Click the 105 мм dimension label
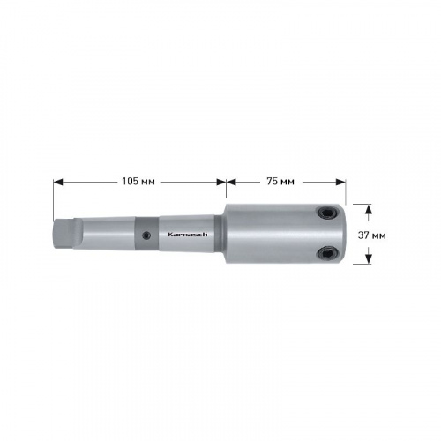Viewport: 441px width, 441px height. coord(138,182)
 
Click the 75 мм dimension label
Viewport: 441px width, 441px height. coord(280,182)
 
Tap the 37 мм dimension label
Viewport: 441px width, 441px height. coord(371,235)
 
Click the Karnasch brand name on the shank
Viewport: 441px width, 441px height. coord(188,235)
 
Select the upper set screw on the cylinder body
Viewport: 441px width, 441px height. coord(327,213)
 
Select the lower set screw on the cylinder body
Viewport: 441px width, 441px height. coord(327,253)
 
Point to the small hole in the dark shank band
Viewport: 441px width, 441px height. coord(146,235)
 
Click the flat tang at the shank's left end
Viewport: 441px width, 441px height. coord(64,235)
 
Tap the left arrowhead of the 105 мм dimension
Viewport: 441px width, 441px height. coord(58,183)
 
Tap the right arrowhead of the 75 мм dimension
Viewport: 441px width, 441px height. coord(340,183)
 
